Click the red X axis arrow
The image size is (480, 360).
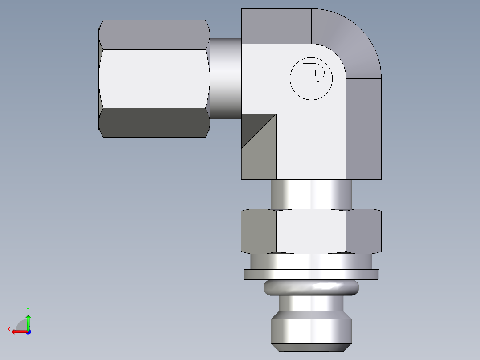[x=18, y=331]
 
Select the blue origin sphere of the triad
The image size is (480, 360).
[x=28, y=332]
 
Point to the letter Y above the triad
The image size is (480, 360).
[x=28, y=309]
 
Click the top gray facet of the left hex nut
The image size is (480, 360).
[x=154, y=34]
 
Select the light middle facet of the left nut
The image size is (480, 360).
[x=154, y=78]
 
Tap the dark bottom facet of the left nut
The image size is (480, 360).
[x=154, y=123]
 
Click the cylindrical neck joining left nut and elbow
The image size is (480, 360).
[x=225, y=79]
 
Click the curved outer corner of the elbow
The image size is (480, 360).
[x=352, y=40]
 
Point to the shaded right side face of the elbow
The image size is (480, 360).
[x=363, y=129]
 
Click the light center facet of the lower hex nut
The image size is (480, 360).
[x=311, y=231]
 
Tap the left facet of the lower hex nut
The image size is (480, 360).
[x=259, y=231]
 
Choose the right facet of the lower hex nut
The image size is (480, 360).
[x=363, y=231]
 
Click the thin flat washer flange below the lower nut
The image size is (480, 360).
[x=311, y=274]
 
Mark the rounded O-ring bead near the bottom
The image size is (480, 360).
[x=311, y=287]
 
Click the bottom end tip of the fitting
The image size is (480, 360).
[x=311, y=334]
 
